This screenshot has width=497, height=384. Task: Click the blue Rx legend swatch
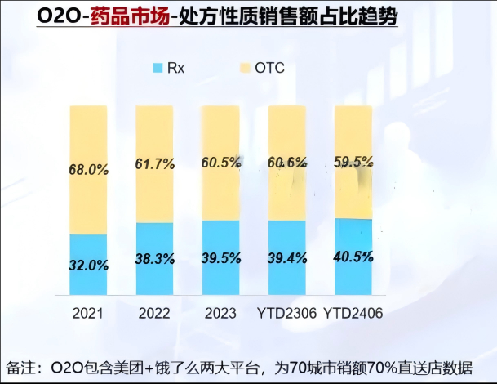pos(158,67)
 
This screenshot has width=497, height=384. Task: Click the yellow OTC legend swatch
pos(244,67)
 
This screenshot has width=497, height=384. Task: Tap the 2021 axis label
pos(87,314)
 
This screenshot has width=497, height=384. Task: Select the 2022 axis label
pos(154,314)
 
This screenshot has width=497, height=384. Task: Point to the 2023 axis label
pos(220,314)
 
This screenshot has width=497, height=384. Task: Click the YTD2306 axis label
pos(286,314)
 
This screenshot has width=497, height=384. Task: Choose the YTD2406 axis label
pos(353,314)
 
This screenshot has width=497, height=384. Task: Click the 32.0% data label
pos(88,265)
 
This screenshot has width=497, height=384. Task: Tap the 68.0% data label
pos(88,170)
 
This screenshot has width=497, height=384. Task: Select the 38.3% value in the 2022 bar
pos(154,259)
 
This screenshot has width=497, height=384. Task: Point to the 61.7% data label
pos(154,164)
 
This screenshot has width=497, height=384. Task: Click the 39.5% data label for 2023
pos(220,258)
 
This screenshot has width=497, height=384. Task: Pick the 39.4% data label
pos(287,258)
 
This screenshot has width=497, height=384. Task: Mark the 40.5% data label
pos(353,257)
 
